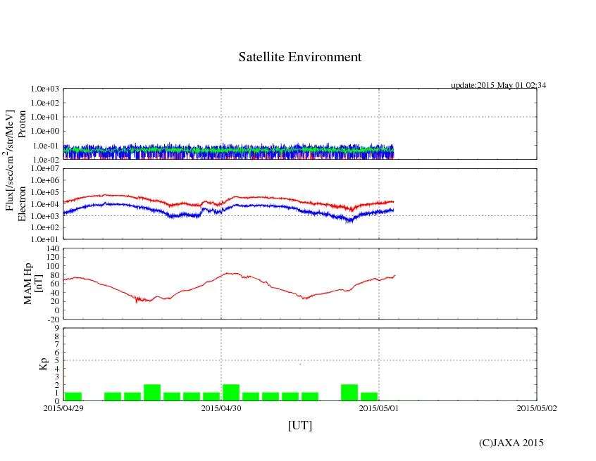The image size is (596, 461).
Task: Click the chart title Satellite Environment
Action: click(x=299, y=57)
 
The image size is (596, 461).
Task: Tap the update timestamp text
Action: click(x=498, y=85)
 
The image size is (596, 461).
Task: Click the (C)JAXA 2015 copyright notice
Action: click(x=511, y=443)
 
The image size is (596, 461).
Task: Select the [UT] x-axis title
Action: click(x=299, y=425)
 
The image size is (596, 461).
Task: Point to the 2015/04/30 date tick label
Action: click(x=221, y=407)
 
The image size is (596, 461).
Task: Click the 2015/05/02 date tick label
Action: click(x=536, y=407)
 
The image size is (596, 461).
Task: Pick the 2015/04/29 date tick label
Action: click(x=63, y=407)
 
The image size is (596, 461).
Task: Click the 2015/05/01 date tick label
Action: click(x=379, y=407)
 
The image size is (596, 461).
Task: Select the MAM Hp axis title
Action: click(x=33, y=279)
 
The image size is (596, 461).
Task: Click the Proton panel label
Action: click(x=22, y=124)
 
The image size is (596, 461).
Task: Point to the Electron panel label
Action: click(x=22, y=203)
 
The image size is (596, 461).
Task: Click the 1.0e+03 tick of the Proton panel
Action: click(x=44, y=89)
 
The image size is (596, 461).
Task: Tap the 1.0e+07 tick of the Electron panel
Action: click(x=44, y=169)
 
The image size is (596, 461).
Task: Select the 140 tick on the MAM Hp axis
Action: click(x=51, y=248)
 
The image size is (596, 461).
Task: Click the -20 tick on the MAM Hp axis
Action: click(x=52, y=319)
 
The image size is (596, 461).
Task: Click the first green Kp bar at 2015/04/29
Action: click(x=73, y=396)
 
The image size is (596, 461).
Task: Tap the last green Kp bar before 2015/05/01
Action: click(x=368, y=396)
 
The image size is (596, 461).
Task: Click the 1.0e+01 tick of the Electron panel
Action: click(x=44, y=239)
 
